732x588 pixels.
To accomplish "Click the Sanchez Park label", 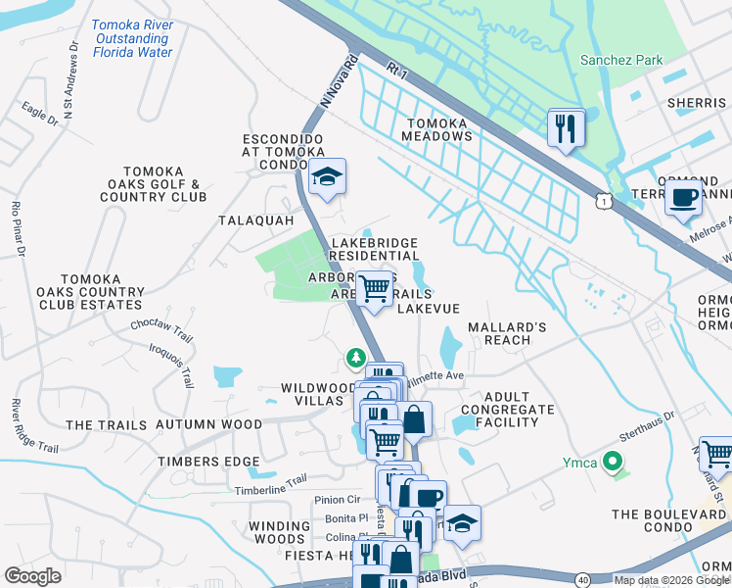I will [622, 60].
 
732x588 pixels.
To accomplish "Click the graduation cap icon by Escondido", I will [327, 178].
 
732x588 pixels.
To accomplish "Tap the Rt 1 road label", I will [396, 71].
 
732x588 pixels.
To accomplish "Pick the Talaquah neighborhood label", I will [256, 220].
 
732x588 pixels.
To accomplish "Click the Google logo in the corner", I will [32, 576].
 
